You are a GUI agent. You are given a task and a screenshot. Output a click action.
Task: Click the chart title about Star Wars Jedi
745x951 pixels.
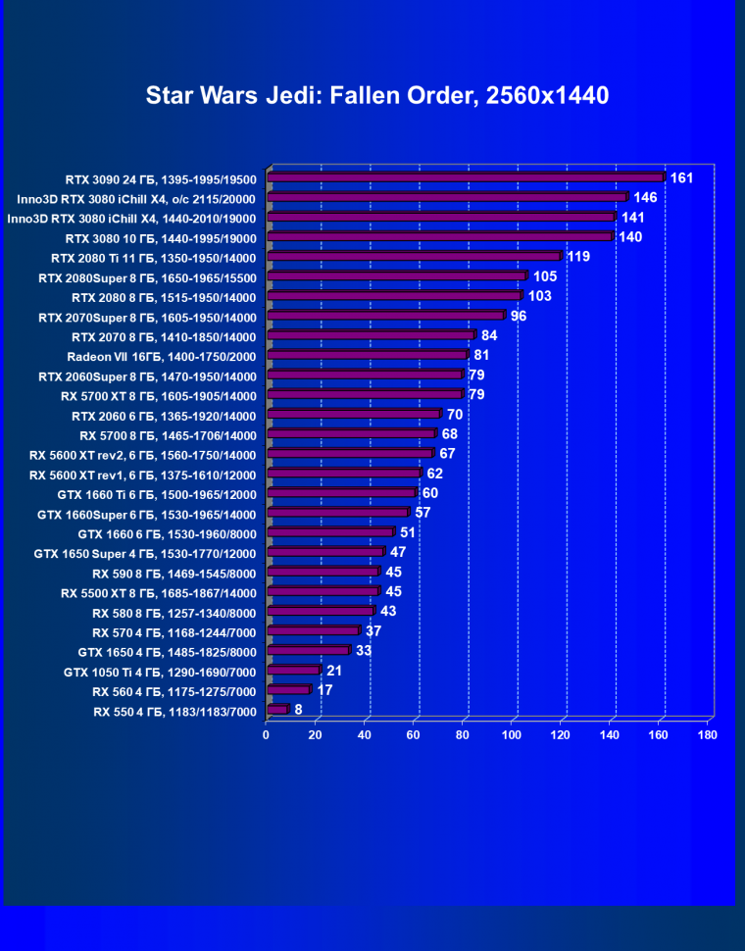coord(377,95)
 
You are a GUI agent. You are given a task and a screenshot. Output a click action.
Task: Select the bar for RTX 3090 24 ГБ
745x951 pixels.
coord(466,177)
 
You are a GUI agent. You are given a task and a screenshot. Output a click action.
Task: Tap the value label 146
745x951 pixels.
coord(645,198)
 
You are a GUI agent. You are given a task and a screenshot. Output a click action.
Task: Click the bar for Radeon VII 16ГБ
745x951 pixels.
coord(368,355)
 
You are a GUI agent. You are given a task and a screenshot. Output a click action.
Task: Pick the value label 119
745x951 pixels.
coord(578,257)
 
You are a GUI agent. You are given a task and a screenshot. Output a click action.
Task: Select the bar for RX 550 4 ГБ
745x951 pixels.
coord(277,709)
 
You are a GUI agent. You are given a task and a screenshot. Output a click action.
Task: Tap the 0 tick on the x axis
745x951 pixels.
coord(266,734)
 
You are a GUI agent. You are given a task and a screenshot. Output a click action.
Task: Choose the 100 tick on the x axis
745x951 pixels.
coord(511,734)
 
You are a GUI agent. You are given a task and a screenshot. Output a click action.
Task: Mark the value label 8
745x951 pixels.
coord(298,709)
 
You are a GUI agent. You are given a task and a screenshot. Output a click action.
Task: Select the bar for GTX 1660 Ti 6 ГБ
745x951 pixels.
coord(342,493)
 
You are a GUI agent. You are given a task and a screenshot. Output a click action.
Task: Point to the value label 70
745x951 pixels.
coord(455,415)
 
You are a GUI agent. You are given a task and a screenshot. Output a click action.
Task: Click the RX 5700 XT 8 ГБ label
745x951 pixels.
coord(158,396)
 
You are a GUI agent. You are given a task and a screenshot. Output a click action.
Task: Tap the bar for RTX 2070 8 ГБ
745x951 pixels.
coord(371,335)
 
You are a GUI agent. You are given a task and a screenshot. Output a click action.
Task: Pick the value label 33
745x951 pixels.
coord(364,650)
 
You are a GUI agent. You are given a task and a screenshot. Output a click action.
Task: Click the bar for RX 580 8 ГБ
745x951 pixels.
coord(321,611)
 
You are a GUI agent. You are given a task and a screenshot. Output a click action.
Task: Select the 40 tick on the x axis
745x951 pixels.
coord(364,734)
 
